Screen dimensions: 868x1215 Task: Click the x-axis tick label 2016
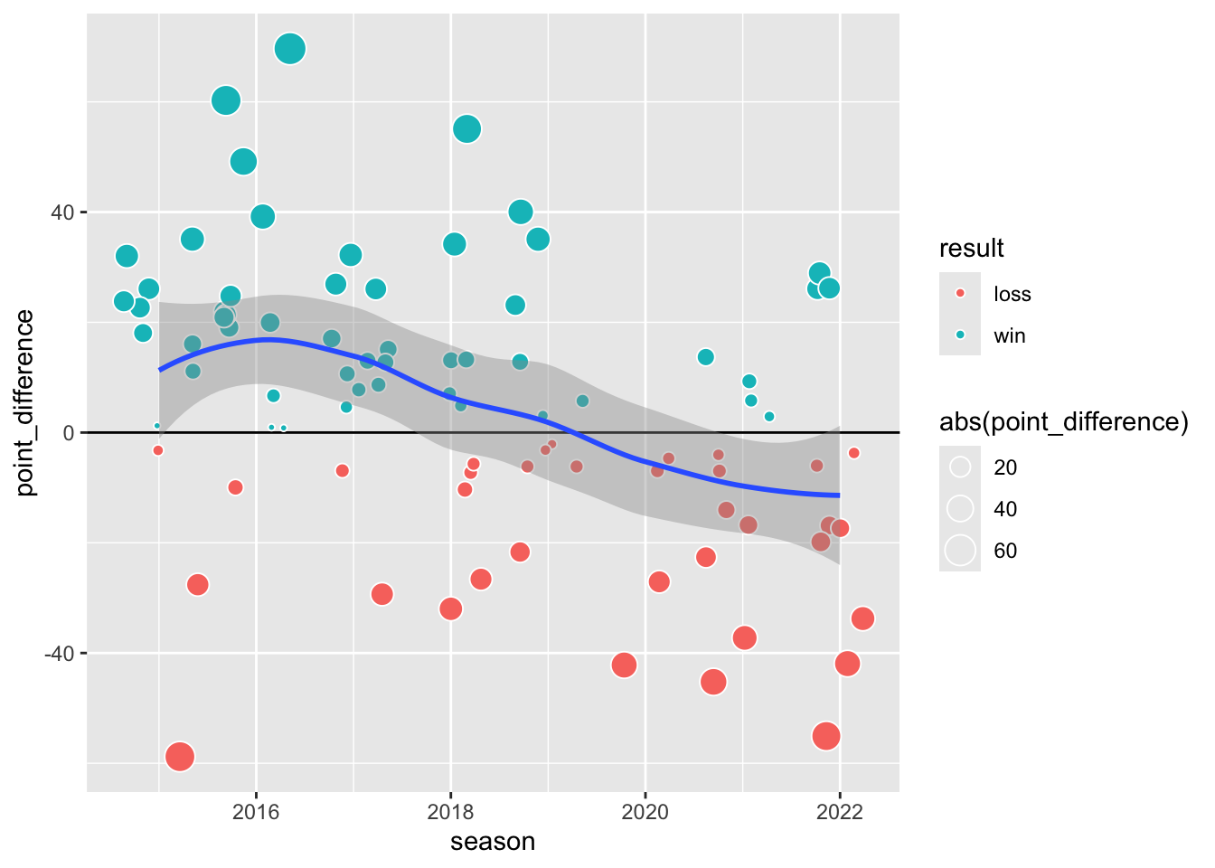point(256,811)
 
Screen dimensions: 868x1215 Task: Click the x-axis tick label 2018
point(450,811)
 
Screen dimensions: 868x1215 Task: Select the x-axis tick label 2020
point(645,811)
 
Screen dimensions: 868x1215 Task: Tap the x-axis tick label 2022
point(840,811)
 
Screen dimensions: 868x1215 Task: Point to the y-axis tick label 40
point(62,212)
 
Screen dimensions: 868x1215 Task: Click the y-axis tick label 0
point(69,432)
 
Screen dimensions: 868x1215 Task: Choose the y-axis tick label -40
point(59,653)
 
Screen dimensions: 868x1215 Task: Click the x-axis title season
point(493,843)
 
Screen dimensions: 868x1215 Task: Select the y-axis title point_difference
point(25,402)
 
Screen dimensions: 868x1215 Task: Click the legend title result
point(972,249)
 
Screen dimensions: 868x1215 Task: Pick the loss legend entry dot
point(960,294)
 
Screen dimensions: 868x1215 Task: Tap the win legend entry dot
point(960,335)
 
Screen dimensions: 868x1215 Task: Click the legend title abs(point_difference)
point(1063,422)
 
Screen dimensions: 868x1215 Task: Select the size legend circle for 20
point(960,467)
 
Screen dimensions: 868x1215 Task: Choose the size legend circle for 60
point(960,551)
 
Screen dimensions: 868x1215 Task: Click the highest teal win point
point(290,49)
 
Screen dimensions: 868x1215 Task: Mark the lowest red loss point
point(180,756)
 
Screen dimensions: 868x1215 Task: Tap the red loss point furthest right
point(862,618)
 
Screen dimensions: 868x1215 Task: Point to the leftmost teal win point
point(124,301)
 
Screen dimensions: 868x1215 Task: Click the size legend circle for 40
point(960,509)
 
